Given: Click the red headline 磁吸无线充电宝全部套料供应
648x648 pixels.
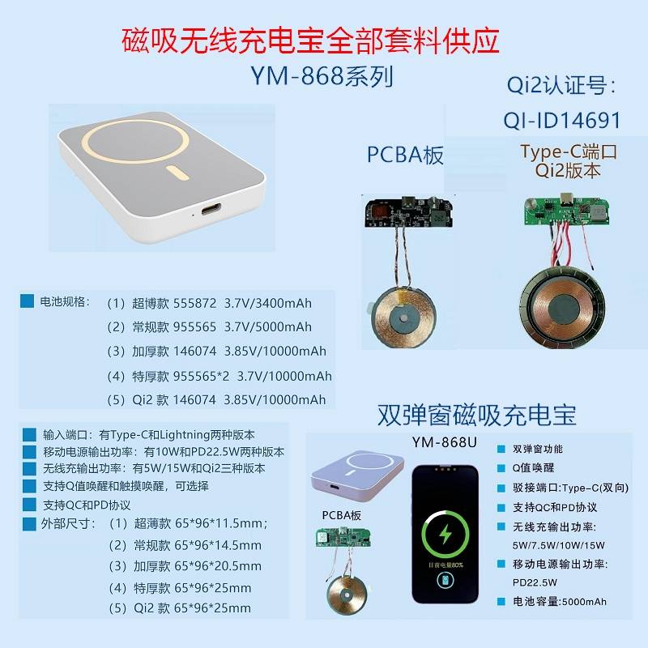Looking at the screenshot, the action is (310, 40).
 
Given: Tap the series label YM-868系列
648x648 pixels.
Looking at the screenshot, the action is (322, 76).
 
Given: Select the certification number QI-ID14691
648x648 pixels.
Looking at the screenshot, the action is (562, 121).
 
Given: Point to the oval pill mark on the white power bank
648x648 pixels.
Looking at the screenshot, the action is (178, 173).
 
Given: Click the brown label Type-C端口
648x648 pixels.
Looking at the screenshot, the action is (569, 151).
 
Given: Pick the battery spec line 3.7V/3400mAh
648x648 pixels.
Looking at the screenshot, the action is (268, 303).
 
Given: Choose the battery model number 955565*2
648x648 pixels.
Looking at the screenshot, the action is (201, 376).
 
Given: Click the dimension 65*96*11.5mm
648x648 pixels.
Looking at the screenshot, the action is (221, 523).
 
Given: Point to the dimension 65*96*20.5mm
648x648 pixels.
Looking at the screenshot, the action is (218, 565).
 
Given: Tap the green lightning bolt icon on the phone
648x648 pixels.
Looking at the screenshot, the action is (445, 534).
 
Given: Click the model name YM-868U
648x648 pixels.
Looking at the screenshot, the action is (444, 442).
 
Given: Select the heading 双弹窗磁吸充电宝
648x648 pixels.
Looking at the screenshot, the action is (476, 415).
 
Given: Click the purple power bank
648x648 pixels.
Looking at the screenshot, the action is (357, 471).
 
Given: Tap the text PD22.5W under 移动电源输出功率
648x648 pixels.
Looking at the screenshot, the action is (535, 582).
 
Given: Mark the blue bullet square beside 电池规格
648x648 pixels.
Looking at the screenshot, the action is (28, 301).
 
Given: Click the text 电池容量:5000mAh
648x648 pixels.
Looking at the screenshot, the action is (560, 601).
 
